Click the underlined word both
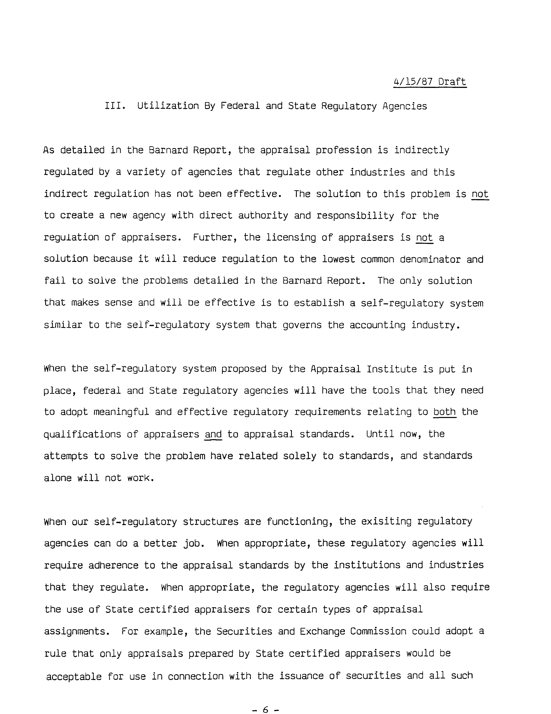coord(445,412)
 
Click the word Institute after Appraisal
coord(392,369)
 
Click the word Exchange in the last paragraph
coord(322,631)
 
